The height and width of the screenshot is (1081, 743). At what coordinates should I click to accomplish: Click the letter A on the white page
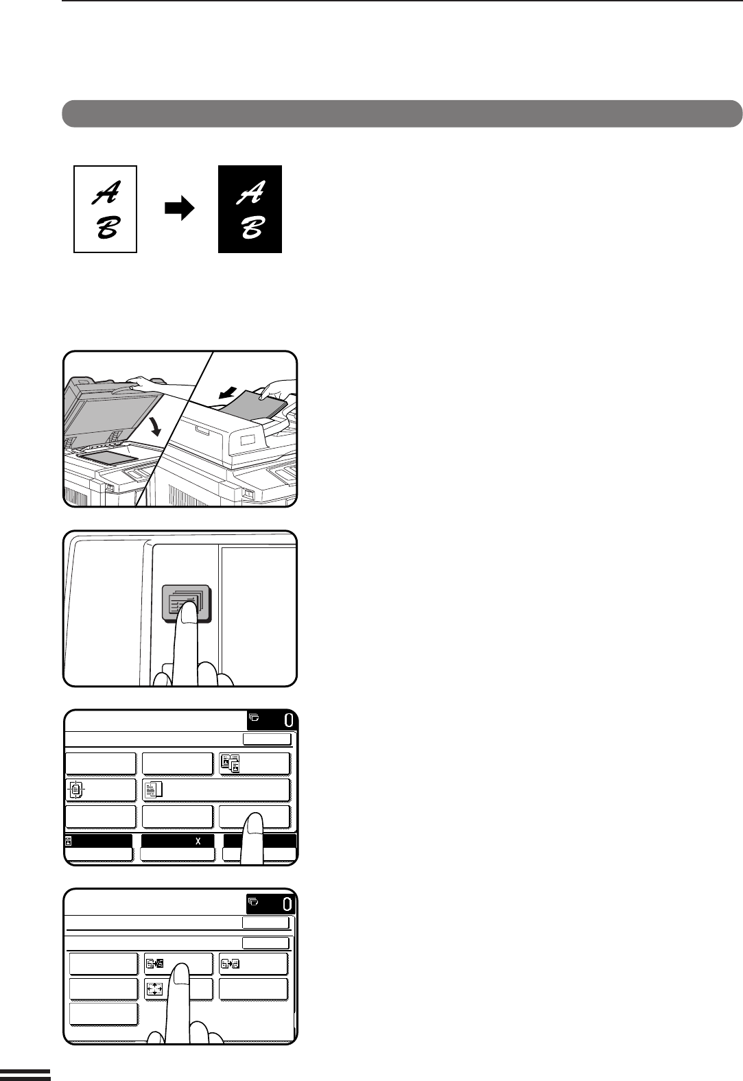106,193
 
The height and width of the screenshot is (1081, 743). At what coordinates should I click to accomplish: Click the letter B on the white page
107,227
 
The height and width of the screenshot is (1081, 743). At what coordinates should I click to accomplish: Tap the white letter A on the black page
250,193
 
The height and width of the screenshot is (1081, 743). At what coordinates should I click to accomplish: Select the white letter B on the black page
252,227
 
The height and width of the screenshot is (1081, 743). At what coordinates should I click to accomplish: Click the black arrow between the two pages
180,209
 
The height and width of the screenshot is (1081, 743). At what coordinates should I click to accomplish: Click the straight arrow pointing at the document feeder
228,392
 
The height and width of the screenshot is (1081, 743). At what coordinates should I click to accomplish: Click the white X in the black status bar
198,841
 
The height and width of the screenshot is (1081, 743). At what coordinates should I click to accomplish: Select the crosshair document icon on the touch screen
75,790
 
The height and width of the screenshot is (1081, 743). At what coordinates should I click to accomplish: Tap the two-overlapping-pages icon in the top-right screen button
231,763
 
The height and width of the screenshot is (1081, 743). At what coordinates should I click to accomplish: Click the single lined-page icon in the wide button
154,790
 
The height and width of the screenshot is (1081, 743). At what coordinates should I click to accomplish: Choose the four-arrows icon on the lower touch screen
154,989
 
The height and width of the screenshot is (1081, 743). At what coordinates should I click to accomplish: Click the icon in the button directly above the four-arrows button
154,964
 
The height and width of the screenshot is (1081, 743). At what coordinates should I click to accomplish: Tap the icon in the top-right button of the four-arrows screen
231,964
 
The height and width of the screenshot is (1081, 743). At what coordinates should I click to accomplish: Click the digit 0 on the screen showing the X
288,720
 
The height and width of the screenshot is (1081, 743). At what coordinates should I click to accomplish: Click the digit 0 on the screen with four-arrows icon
287,904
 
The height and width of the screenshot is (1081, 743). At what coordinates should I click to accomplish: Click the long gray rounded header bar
402,114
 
